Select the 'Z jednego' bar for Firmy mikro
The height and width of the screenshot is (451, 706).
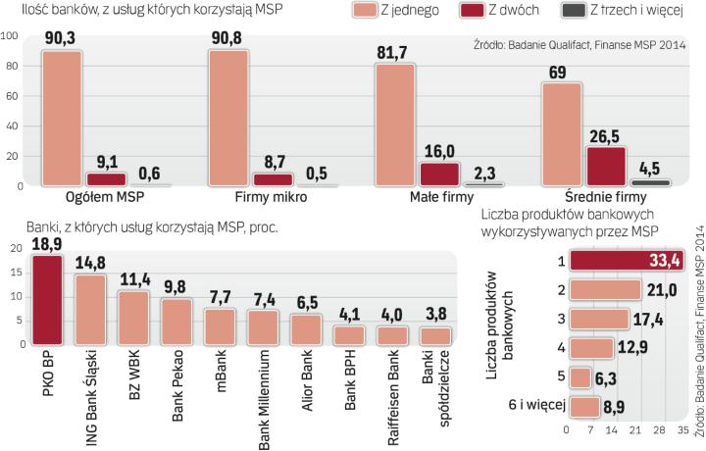[x=230, y=119]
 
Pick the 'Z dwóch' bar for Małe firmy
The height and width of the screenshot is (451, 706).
[x=435, y=174]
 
